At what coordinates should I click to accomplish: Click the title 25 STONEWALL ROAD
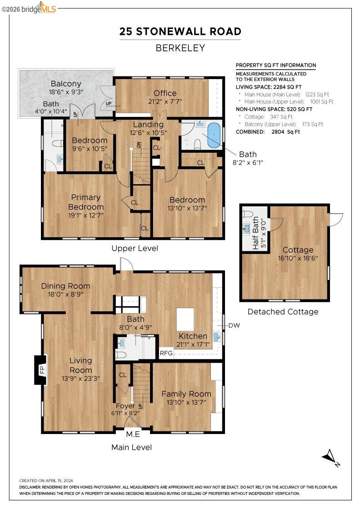click(180, 31)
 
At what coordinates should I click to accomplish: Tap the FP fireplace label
click(40, 369)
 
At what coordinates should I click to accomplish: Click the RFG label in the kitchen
click(166, 353)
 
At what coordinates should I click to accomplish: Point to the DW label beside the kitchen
click(234, 325)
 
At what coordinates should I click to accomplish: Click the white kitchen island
click(185, 319)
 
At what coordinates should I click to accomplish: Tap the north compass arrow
click(330, 456)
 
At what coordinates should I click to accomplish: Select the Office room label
click(165, 93)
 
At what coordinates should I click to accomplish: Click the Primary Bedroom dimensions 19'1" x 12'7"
click(86, 215)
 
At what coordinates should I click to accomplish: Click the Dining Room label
click(65, 286)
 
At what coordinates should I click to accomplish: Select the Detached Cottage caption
click(283, 312)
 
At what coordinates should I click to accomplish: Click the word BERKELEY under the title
click(180, 48)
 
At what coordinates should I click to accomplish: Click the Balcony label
click(66, 84)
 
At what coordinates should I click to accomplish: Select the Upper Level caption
click(135, 248)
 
